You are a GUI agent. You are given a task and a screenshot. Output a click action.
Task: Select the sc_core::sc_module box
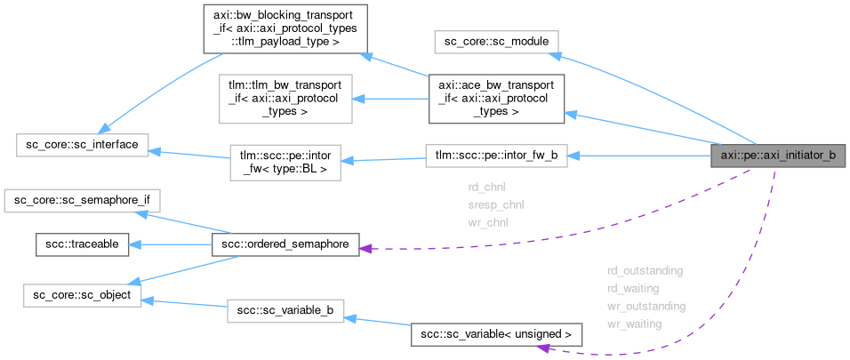pyautogui.click(x=495, y=41)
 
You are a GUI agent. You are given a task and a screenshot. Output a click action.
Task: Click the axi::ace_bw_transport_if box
pyautogui.click(x=495, y=97)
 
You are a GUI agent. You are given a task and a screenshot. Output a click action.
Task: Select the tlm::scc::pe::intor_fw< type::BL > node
pyautogui.click(x=285, y=161)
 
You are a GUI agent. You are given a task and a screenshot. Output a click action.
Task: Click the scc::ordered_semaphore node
pyautogui.click(x=285, y=243)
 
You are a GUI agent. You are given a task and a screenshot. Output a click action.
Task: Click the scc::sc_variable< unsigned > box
pyautogui.click(x=496, y=334)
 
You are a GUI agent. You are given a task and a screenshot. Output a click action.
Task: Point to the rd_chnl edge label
pyautogui.click(x=486, y=188)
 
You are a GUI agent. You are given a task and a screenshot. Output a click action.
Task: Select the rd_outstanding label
pyautogui.click(x=645, y=269)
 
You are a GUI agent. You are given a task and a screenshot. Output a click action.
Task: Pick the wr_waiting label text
pyautogui.click(x=634, y=324)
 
